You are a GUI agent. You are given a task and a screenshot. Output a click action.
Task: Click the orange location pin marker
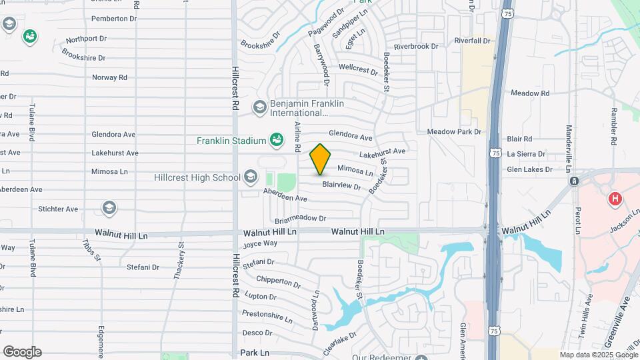coord(321,159)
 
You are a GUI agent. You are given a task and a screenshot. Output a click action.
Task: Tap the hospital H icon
coord(615,199)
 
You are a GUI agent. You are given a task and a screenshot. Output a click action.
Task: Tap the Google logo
coord(22,352)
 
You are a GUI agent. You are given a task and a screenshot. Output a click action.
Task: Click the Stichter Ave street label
coord(58,209)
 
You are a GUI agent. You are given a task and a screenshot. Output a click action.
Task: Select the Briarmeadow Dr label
coord(300,218)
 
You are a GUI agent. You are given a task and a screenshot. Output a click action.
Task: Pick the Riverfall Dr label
coord(472,41)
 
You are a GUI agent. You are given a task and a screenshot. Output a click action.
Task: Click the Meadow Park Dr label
coord(454,131)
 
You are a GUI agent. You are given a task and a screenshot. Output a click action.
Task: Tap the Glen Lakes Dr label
coord(529,169)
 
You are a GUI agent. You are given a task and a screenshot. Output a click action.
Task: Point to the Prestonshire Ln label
coord(267,314)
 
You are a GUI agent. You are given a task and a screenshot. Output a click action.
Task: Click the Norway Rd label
coord(109,77)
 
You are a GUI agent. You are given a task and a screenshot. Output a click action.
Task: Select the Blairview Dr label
coord(341,186)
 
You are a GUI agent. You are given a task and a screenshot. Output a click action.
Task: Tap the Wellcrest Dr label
coord(359,67)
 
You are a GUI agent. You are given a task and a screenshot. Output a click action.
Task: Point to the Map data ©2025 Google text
coord(599,355)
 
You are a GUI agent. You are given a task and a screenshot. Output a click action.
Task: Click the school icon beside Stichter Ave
coord(109,208)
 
